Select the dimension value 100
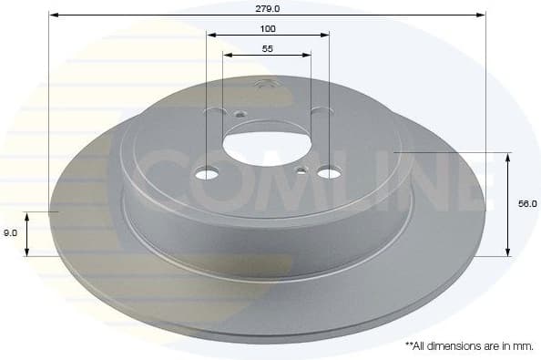[x=267, y=28]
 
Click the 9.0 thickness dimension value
[x=10, y=233]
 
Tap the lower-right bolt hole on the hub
[x=329, y=170]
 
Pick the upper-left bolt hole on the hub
[x=216, y=111]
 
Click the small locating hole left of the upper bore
[x=240, y=115]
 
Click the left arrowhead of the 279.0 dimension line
[x=52, y=15]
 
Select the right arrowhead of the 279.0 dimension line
[x=482, y=15]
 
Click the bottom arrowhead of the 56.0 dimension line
[x=506, y=252]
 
